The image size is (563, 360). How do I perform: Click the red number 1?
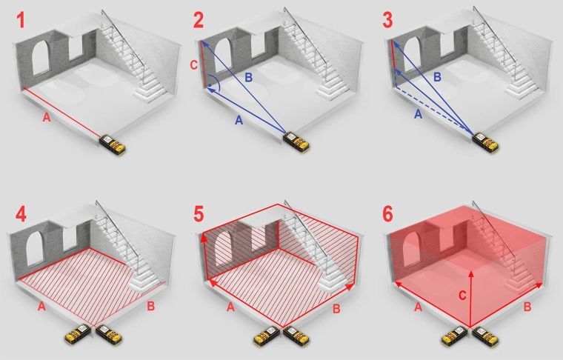[21, 20]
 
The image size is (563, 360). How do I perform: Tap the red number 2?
[199, 20]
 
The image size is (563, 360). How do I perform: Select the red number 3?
[387, 20]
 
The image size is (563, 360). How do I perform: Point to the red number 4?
[21, 215]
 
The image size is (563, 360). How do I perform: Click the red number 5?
[199, 215]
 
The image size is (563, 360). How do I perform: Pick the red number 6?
[387, 215]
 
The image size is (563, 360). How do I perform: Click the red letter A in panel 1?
[47, 117]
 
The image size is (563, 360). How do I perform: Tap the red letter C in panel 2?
[193, 65]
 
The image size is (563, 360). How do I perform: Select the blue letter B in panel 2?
[248, 78]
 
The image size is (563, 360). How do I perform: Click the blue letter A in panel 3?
[418, 114]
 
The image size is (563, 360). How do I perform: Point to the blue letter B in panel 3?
[437, 77]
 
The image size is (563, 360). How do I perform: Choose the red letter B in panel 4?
[151, 306]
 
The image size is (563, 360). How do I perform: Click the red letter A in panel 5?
[230, 307]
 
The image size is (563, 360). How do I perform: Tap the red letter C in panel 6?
[462, 296]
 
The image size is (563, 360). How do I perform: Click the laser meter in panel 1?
[112, 144]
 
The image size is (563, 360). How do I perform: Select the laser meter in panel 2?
[296, 142]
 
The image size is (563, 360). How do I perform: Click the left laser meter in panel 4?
[78, 334]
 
